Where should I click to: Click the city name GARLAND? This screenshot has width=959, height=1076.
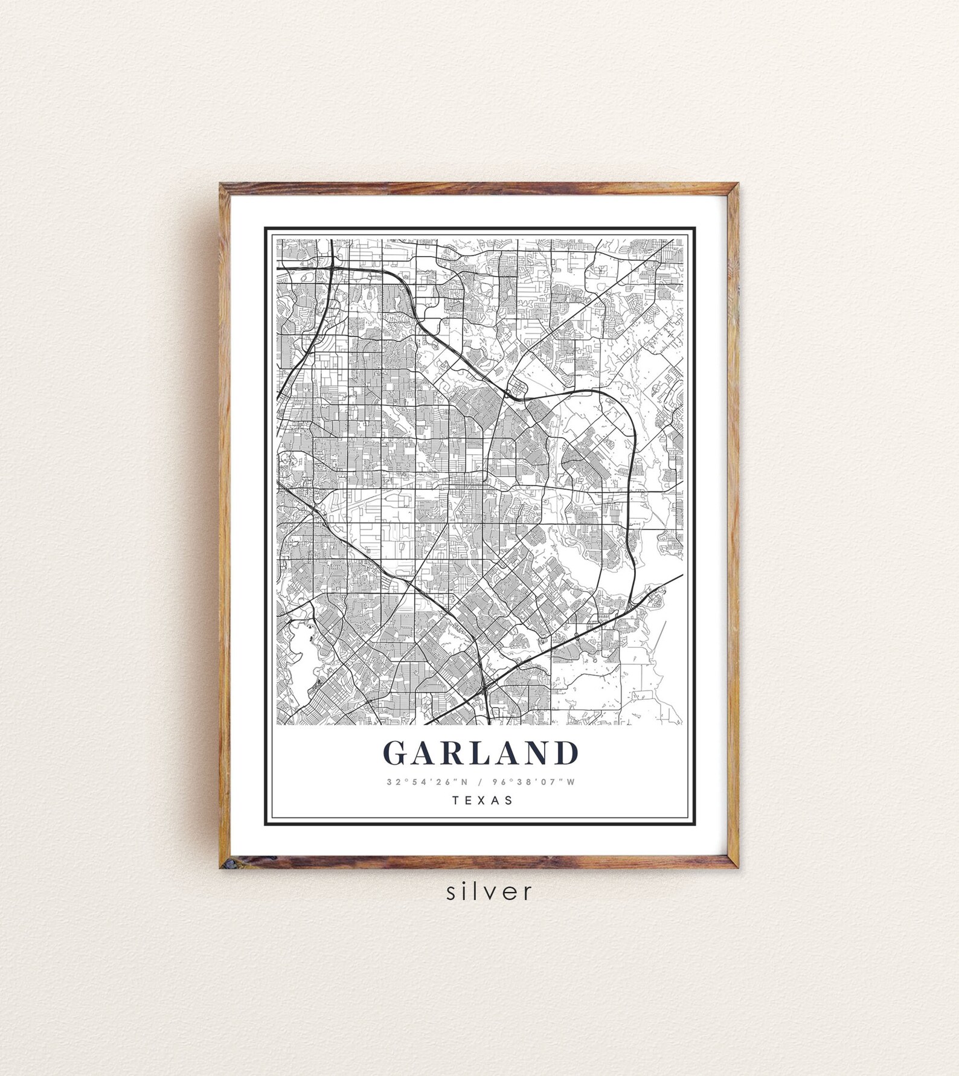[480, 753]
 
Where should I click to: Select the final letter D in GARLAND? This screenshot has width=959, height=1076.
[567, 753]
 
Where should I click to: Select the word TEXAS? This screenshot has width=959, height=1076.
[481, 801]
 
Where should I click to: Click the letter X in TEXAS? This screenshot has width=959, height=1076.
[481, 801]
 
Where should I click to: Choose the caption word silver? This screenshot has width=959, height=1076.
[489, 891]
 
